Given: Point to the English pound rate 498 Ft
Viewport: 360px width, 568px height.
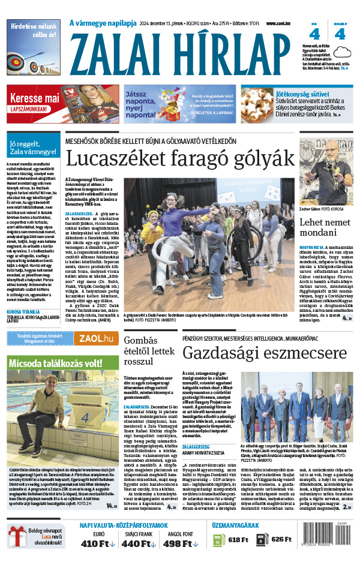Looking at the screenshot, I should pos(182,544).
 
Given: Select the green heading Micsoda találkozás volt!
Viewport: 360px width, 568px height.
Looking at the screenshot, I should pos(63,363).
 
